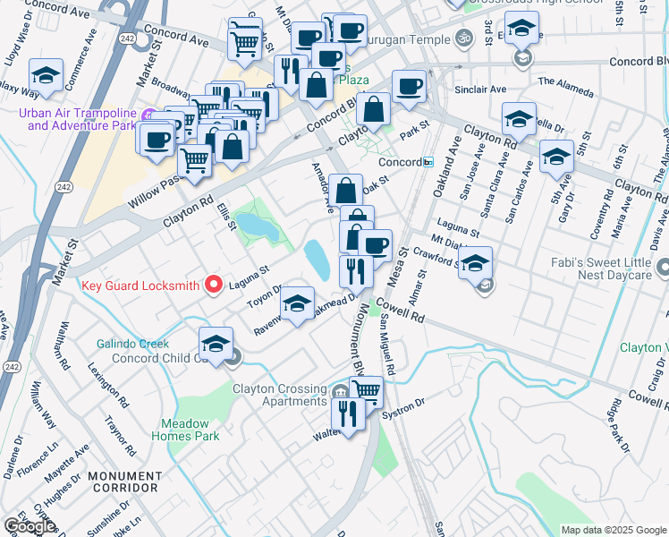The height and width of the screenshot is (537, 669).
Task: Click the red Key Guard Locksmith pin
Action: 213,285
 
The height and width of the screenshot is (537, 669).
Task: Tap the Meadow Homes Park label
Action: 190,430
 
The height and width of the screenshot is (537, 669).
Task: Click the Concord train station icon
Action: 428,162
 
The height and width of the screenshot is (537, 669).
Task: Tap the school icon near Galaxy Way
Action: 46,74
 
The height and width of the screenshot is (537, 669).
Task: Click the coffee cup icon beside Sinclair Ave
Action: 409,87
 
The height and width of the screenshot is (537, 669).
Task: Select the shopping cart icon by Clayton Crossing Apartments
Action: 367,391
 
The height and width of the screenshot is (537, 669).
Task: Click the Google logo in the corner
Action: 29,525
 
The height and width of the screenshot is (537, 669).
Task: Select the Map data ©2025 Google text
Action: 614,530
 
